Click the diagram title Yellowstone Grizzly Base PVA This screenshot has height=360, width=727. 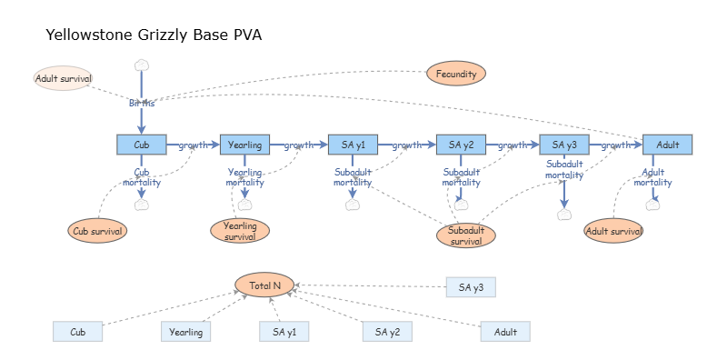pyautogui.click(x=154, y=35)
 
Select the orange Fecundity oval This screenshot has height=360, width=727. pyautogui.click(x=456, y=74)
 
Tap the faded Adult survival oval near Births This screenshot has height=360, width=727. pyautogui.click(x=63, y=78)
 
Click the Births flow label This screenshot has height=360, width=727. pyautogui.click(x=141, y=103)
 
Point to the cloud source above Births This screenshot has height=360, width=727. pyautogui.click(x=141, y=65)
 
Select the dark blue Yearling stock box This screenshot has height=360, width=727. pyautogui.click(x=244, y=145)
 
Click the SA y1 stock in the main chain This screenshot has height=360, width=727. pyautogui.click(x=353, y=145)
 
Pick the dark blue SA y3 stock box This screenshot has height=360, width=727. pyautogui.click(x=564, y=145)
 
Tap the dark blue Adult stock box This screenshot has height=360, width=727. pyautogui.click(x=667, y=145)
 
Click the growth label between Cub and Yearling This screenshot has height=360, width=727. pyautogui.click(x=193, y=145)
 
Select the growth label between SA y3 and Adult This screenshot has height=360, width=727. pyautogui.click(x=615, y=145)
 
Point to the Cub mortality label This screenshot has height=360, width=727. pyautogui.click(x=142, y=176)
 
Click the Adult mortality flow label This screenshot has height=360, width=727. pyautogui.click(x=652, y=176)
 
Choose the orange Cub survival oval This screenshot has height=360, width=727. pyautogui.click(x=97, y=230)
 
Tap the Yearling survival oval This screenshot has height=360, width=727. pyautogui.click(x=240, y=231)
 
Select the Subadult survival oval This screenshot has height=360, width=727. pyautogui.click(x=466, y=235)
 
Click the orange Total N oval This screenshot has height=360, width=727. pyautogui.click(x=264, y=285)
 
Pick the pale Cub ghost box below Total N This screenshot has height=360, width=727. pyautogui.click(x=77, y=332)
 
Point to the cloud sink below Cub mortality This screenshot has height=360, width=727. pyautogui.click(x=141, y=205)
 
